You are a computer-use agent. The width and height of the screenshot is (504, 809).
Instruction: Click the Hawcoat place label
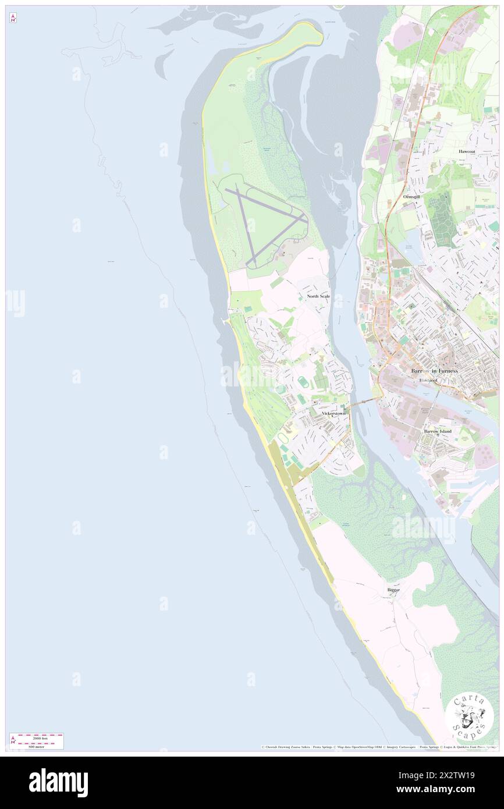point(467,151)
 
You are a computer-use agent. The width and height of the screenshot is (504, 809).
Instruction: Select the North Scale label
point(318,296)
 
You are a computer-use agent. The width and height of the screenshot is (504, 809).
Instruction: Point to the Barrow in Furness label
point(435,371)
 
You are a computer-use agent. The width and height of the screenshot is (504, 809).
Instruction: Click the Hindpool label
point(431,380)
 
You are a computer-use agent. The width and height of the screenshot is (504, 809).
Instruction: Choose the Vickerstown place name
point(333,413)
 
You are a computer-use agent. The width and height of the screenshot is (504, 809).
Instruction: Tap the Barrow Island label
point(438,431)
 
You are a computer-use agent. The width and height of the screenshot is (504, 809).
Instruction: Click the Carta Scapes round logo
point(469,716)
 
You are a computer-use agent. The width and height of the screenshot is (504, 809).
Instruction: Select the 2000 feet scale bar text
point(40,738)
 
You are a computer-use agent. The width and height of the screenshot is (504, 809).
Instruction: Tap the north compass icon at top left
point(13,19)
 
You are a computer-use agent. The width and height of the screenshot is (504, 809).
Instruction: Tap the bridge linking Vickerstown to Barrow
point(363,401)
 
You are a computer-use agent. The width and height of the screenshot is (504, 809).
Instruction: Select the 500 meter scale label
point(39,745)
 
